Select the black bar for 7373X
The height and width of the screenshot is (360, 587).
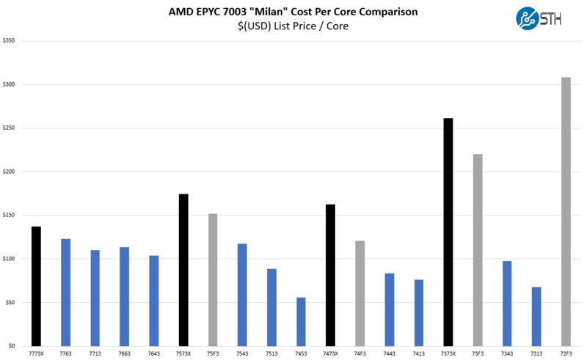[x=448, y=232]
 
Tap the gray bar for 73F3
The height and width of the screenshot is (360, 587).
[x=478, y=249]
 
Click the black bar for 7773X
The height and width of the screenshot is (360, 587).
[x=36, y=286]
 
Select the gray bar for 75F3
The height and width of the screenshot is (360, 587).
[x=213, y=279]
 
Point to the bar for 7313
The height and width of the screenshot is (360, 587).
[x=536, y=316]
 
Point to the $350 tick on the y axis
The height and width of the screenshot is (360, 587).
[x=10, y=41]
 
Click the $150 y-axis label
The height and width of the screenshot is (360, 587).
[x=10, y=216]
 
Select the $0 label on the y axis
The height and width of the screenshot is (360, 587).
[x=12, y=346]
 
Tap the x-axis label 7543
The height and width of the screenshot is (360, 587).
[x=242, y=353]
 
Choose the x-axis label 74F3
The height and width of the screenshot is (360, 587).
[x=360, y=353]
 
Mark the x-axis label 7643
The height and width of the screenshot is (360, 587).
[x=154, y=353]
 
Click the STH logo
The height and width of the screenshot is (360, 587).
[x=539, y=18]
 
